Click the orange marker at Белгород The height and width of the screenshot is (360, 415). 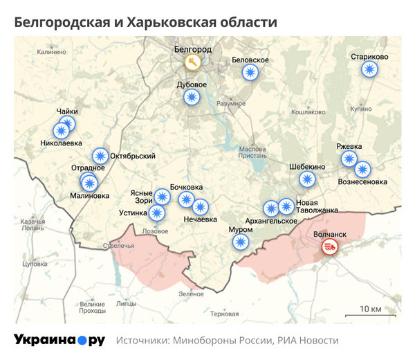[192, 62]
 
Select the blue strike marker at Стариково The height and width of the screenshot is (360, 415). [370, 69]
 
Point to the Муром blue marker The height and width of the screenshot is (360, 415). [240, 242]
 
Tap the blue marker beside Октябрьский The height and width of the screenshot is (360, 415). [101, 156]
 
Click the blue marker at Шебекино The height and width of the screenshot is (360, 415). [307, 179]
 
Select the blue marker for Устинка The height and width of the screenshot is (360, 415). [157, 213]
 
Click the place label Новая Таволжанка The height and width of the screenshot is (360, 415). [317, 206]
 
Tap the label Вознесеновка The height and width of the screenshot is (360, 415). [362, 182]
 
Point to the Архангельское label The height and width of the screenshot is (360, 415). [271, 221]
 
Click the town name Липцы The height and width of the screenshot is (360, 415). [127, 303]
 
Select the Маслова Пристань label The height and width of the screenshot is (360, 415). [252, 153]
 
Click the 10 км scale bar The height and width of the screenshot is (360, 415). [370, 315]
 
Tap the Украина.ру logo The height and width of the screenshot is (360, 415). [59, 340]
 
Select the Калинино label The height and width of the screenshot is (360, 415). [52, 51]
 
